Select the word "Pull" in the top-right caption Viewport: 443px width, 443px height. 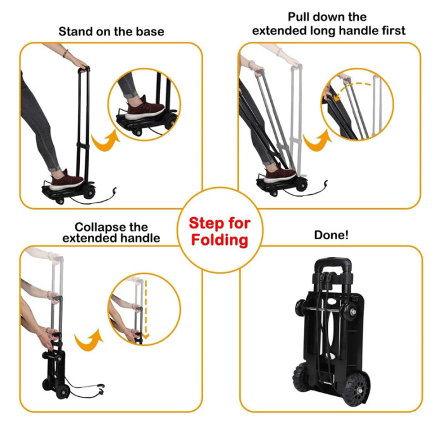299,17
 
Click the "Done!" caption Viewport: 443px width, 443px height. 331,235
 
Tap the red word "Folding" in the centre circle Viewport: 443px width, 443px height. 220,240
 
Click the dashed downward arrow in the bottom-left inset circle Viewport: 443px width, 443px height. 146,309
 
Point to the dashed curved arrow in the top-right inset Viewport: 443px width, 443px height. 351,87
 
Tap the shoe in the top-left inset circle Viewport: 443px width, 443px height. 145,109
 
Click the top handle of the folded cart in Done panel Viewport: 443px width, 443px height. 333,264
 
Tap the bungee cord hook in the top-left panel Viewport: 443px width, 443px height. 115,190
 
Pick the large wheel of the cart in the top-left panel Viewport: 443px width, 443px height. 90,191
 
